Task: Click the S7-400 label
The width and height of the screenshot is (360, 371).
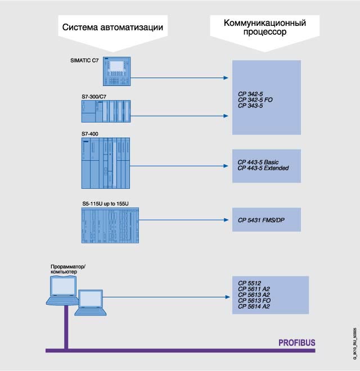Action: [90, 134]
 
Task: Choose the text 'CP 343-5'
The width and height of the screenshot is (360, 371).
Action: [250, 105]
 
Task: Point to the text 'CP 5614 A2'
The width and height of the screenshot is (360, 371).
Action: [254, 307]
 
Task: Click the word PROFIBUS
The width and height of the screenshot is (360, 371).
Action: [297, 342]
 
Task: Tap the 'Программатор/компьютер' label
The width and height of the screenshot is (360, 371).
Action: [63, 268]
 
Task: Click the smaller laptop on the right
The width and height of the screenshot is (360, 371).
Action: [91, 299]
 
